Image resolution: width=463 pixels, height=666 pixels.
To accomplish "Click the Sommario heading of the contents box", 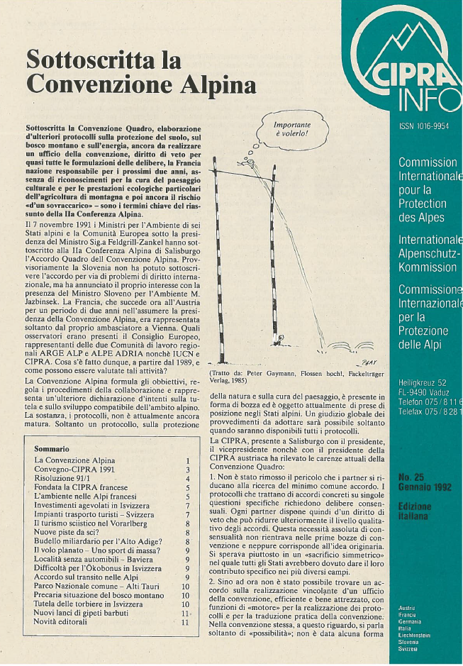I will (52, 449).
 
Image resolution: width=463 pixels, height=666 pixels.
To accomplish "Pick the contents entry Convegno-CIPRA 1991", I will (73, 470).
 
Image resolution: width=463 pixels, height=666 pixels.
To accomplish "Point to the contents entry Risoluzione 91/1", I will (67, 479).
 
